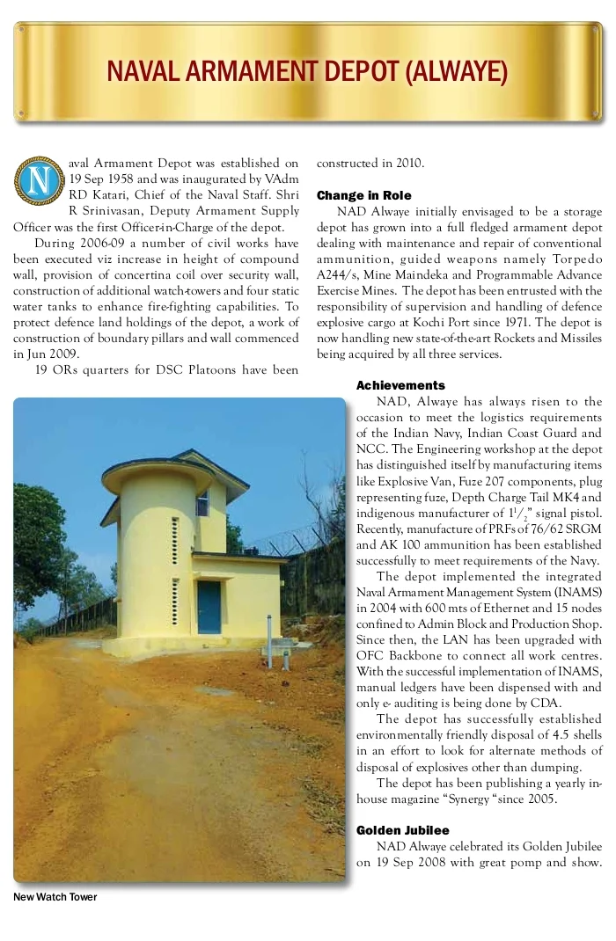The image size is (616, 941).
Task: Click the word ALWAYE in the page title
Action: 455,71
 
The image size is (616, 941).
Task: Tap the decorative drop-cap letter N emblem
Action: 38,179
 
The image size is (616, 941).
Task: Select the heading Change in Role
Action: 363,195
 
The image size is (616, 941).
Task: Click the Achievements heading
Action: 400,385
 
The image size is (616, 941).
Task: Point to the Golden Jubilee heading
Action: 402,830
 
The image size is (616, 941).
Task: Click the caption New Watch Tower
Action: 55,897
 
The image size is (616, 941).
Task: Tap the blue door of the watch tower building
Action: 209,607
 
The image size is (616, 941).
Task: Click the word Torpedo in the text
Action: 576,259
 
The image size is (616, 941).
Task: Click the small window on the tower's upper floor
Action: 202,503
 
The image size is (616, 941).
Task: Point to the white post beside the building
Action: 268,640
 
